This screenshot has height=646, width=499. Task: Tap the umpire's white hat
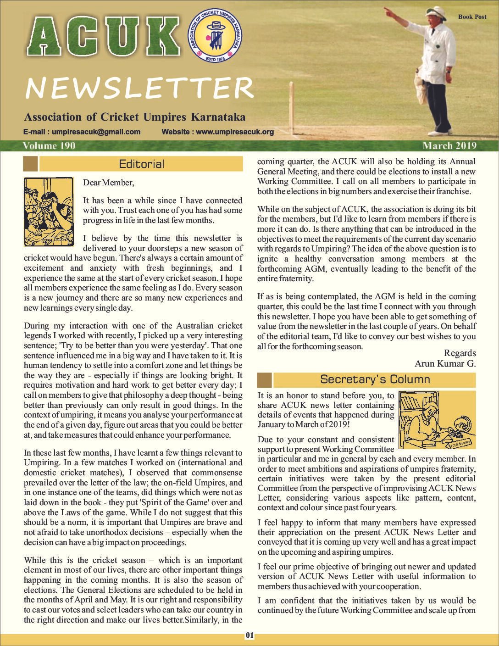click(436, 12)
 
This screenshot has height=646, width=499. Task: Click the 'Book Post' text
click(472, 17)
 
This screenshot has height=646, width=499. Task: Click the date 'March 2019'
click(449, 146)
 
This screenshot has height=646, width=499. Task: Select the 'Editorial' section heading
click(141, 164)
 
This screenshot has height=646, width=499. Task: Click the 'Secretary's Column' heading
click(375, 379)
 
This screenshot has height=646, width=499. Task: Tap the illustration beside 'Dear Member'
click(49, 212)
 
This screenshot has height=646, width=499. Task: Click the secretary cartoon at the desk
click(437, 420)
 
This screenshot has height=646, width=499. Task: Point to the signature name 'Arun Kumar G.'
click(445, 363)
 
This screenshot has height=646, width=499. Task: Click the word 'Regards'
click(460, 353)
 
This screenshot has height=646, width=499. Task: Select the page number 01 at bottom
click(249, 635)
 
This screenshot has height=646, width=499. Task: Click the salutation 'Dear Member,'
click(109, 183)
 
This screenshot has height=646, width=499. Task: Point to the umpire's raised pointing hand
click(388, 11)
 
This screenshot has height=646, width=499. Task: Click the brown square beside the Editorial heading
click(30, 164)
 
